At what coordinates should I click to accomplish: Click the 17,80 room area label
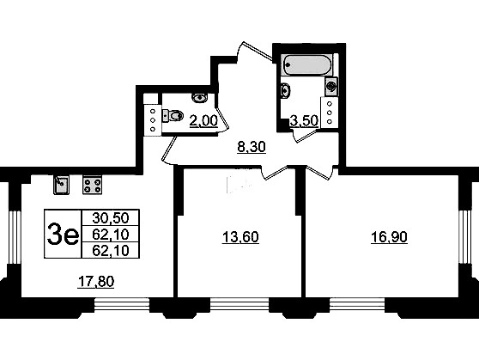[96, 282]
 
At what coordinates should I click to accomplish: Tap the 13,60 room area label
[240, 237]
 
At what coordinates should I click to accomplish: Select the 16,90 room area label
[389, 237]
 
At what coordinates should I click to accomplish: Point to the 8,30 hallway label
[252, 147]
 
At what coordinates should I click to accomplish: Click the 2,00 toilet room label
[203, 120]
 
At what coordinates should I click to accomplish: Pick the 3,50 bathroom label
[304, 121]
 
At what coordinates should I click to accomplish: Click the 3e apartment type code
[63, 235]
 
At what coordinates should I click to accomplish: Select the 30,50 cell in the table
[111, 218]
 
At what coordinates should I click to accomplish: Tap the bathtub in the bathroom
[306, 64]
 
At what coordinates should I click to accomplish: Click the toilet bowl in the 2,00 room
[173, 115]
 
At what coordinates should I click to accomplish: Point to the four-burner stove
[92, 185]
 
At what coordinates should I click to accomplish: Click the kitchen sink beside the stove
[62, 185]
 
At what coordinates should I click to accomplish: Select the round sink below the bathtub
[285, 90]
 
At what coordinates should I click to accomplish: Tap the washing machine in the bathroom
[331, 85]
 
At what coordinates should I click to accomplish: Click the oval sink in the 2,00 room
[199, 98]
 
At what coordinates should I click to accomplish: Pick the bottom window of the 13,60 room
[240, 304]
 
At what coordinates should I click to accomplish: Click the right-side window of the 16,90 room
[464, 237]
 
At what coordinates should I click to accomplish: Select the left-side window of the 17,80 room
[14, 237]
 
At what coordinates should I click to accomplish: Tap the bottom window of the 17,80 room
[122, 304]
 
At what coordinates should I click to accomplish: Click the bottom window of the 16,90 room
[357, 304]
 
